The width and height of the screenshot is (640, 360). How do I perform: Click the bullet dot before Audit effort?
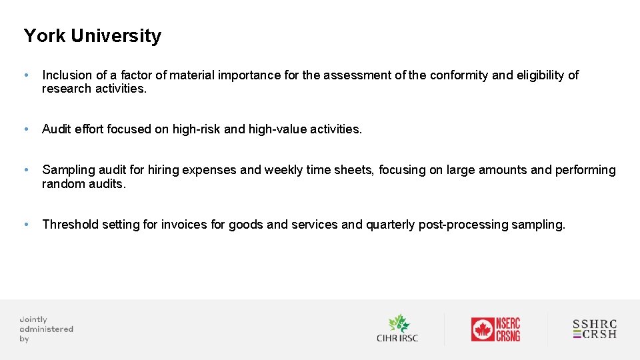(x=26, y=129)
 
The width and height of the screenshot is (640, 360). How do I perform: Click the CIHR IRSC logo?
(x=397, y=329)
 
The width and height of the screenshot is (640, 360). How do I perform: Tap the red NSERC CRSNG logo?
(x=495, y=329)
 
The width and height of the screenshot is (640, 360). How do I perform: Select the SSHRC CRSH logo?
(x=595, y=329)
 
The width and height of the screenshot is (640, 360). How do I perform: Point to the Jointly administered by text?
(x=46, y=329)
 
